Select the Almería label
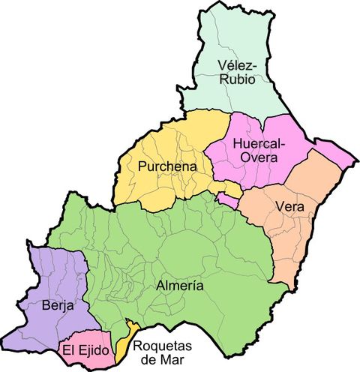[181, 286]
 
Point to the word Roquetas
[162, 346]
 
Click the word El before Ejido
[69, 350]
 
